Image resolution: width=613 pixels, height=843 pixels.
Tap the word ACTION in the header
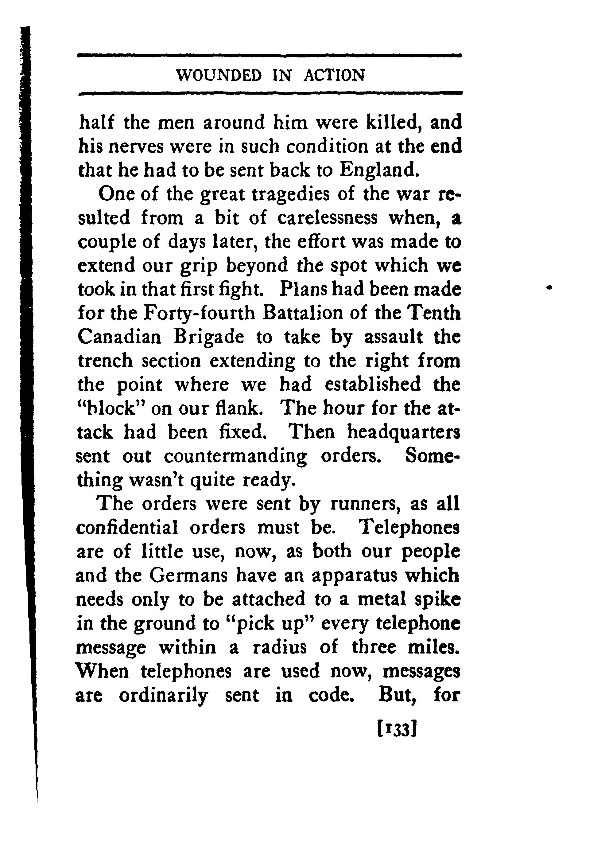pos(334,76)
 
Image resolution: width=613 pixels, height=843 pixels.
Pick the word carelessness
pos(327,218)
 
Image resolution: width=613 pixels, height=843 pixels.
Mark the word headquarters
pos(403,432)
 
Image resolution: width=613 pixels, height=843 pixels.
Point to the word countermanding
pos(235,456)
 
